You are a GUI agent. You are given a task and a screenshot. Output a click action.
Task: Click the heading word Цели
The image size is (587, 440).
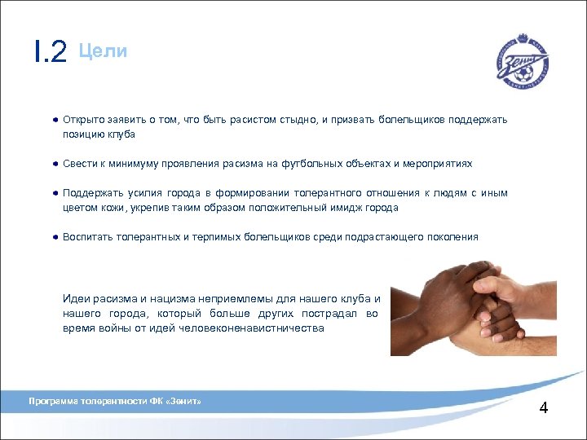103,51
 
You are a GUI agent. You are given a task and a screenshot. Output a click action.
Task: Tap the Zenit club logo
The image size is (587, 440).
523,59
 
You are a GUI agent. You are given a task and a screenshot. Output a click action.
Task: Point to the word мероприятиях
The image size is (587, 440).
438,164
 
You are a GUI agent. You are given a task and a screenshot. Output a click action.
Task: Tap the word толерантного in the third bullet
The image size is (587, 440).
324,193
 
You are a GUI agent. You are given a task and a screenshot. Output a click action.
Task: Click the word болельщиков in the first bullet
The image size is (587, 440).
405,120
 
